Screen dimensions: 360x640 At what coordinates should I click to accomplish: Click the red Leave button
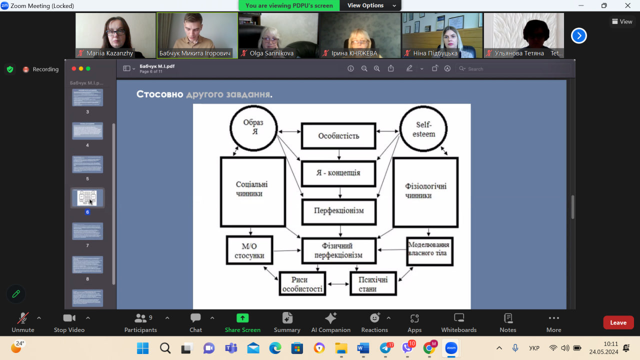618,322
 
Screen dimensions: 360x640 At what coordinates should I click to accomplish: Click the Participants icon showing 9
141,318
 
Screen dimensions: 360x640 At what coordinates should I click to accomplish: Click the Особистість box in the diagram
338,136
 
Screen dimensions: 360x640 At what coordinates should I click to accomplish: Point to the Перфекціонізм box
338,211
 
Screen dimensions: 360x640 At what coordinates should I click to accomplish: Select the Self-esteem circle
423,129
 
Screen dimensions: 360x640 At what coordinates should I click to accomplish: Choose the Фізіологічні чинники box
425,191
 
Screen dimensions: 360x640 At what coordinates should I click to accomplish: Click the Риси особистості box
302,284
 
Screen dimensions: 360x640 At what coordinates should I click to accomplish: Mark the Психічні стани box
373,284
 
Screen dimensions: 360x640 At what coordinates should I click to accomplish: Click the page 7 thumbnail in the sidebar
87,231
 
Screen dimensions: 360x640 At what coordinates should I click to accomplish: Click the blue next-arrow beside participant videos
578,35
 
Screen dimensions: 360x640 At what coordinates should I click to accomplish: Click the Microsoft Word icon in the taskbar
363,348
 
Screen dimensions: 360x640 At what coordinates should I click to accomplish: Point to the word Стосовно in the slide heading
159,94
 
